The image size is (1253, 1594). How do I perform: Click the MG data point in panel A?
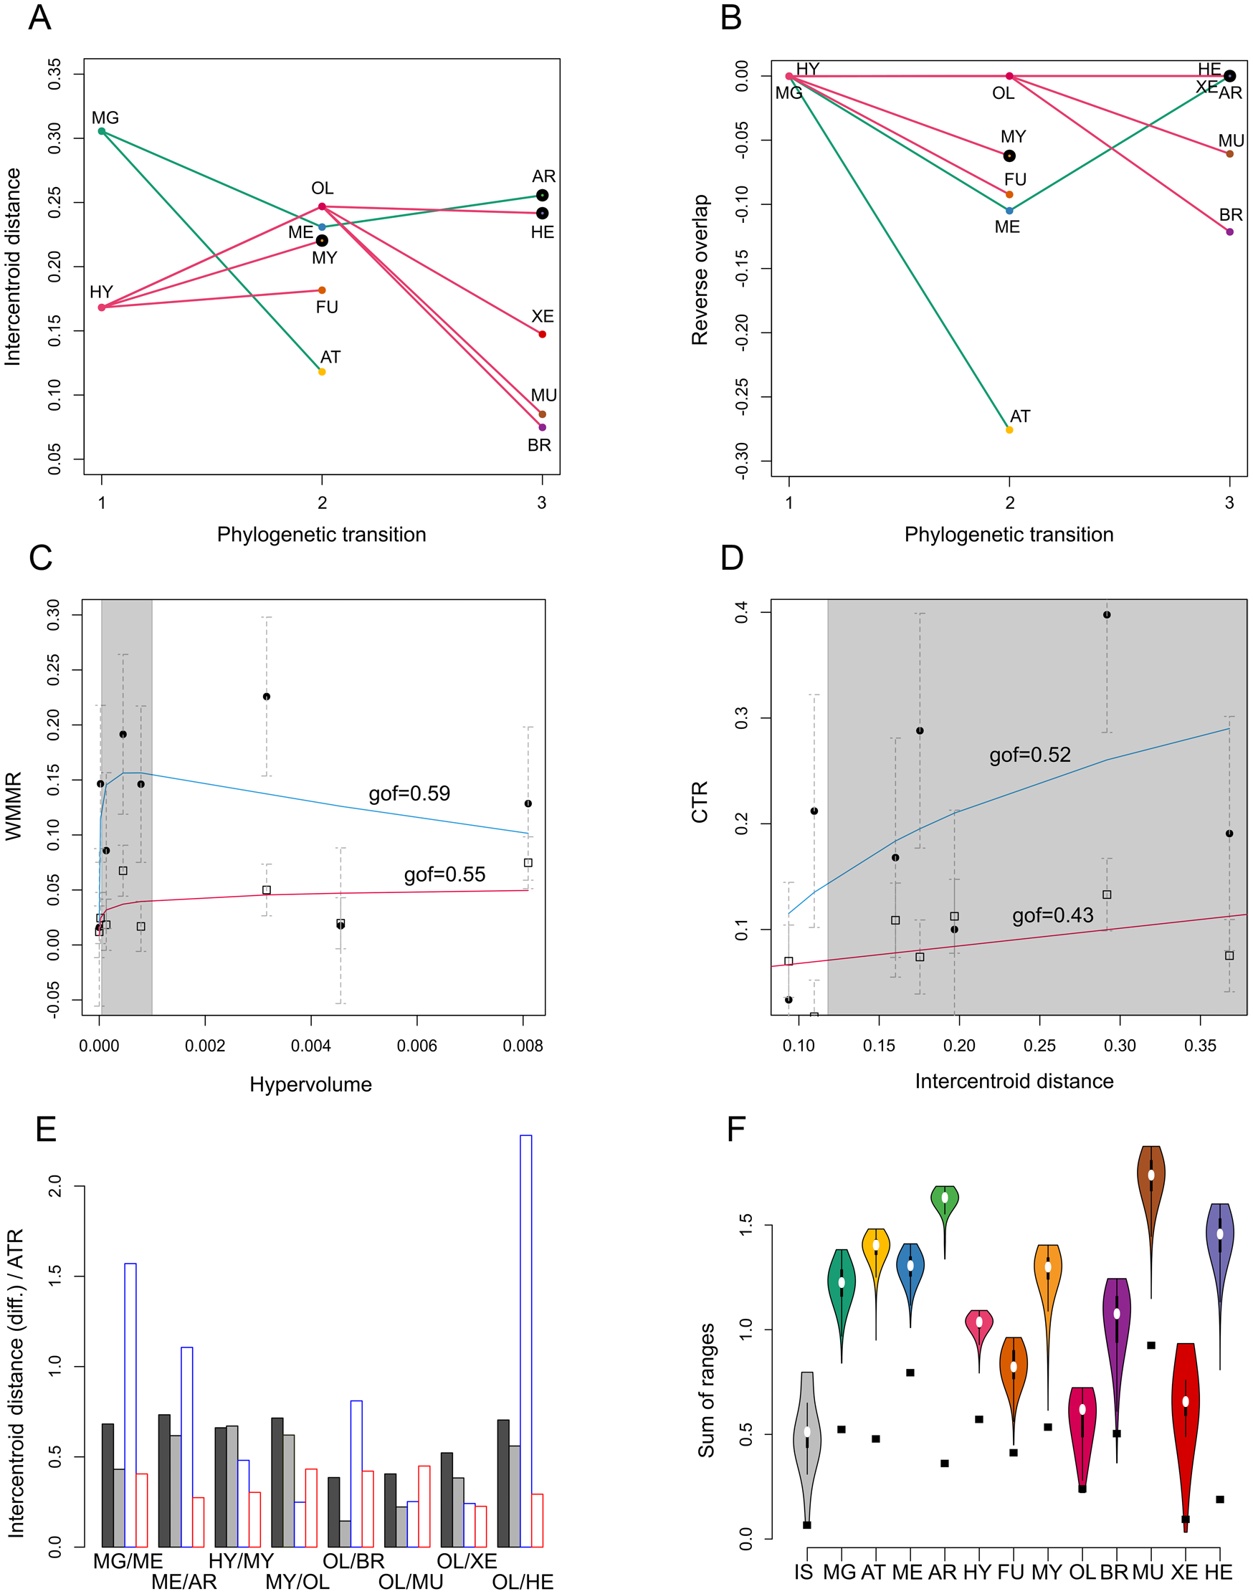click(101, 131)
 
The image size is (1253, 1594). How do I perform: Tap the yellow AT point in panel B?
click(1009, 430)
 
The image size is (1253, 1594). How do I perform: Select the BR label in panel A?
click(539, 445)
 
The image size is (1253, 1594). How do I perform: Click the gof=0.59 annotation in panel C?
click(409, 793)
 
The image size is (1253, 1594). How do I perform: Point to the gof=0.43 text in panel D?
click(1052, 915)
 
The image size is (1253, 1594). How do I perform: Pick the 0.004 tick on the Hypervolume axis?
click(311, 1045)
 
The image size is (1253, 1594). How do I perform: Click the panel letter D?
click(731, 558)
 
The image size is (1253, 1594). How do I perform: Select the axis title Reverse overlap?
click(700, 270)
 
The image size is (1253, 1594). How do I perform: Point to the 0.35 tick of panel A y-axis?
click(55, 74)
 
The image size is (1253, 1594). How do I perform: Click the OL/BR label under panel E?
click(353, 1561)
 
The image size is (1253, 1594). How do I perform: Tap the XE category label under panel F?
click(1184, 1572)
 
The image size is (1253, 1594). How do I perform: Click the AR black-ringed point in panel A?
click(542, 196)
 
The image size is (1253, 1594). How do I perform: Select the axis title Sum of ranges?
click(706, 1390)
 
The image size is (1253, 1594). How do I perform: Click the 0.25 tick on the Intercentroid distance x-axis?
click(1039, 1045)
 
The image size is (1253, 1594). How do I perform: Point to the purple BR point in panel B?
click(1229, 232)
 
